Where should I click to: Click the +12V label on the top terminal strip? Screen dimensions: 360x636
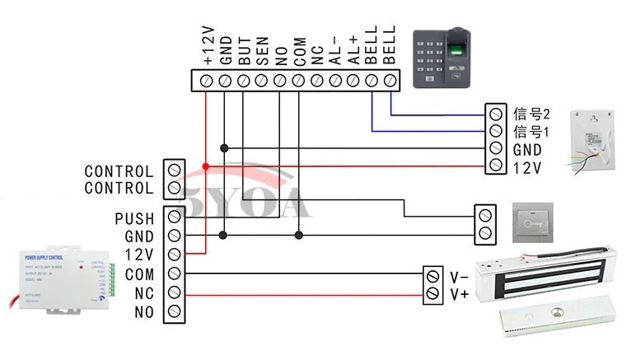tap(208, 46)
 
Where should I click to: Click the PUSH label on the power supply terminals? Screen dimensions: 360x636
tap(134, 219)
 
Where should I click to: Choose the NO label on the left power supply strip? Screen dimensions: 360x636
tap(143, 311)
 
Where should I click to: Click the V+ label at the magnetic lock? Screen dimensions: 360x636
tap(459, 293)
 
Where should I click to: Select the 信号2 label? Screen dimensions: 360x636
tap(531, 113)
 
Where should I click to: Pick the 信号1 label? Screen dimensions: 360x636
tap(531, 131)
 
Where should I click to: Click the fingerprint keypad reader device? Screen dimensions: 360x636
tap(447, 58)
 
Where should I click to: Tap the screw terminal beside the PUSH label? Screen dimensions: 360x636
tap(174, 218)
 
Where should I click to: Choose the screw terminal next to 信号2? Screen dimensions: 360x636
tap(495, 113)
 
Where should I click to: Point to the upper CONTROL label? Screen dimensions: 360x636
tap(119, 172)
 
